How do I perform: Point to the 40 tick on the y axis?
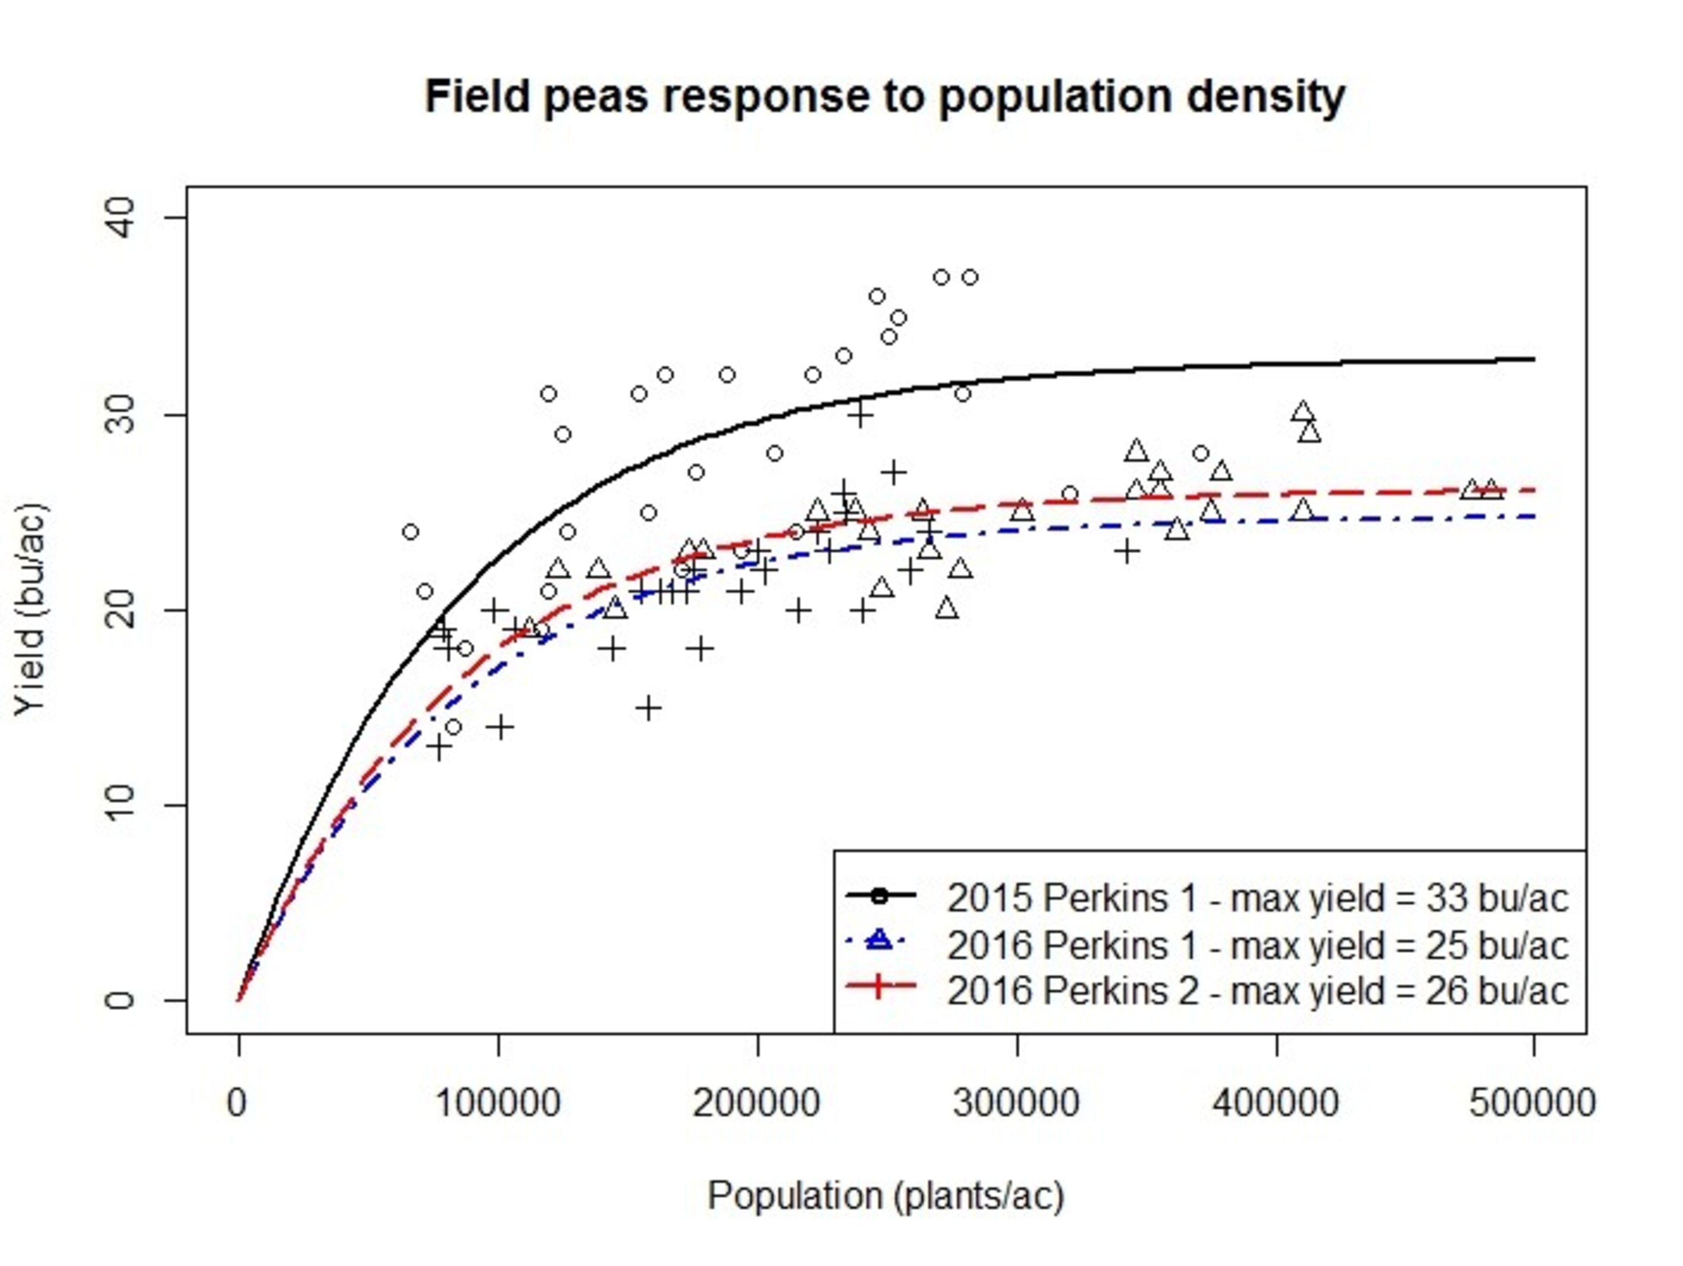[120, 218]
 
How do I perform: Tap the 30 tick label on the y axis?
[120, 414]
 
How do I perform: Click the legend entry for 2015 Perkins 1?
[1257, 898]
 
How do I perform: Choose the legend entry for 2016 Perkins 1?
[1257, 945]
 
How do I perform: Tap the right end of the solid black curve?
[1532, 359]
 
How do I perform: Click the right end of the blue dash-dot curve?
[1532, 517]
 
